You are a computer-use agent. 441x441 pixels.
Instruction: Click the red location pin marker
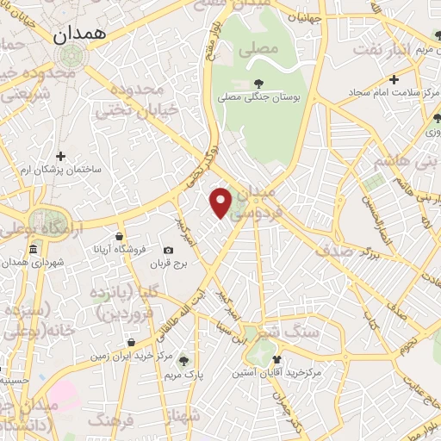click(x=221, y=202)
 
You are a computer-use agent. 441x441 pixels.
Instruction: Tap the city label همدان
click(x=78, y=35)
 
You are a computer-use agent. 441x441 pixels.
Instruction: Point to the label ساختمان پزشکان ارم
click(x=61, y=169)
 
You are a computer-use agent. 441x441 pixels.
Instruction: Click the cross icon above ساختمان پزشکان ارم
click(x=60, y=156)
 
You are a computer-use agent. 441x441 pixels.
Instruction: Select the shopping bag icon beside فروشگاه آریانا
click(x=118, y=235)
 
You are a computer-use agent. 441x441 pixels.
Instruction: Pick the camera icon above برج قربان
click(x=168, y=251)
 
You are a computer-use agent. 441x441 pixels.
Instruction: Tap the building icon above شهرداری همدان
click(x=33, y=250)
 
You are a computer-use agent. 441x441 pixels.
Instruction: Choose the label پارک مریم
click(x=182, y=376)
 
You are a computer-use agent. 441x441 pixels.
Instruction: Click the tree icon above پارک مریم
click(x=182, y=361)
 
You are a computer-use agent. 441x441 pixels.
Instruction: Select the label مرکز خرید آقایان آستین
click(x=276, y=374)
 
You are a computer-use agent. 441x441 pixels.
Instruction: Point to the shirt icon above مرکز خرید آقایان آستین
click(x=276, y=359)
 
